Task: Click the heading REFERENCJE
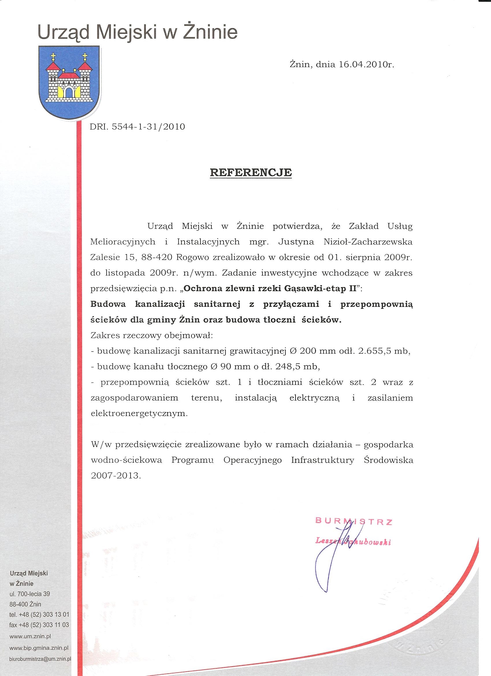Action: pyautogui.click(x=251, y=173)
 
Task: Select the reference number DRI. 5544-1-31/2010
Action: pyautogui.click(x=137, y=127)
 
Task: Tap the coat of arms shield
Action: pyautogui.click(x=69, y=81)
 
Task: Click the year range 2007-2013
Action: pyautogui.click(x=116, y=475)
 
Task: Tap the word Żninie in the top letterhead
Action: pyautogui.click(x=210, y=33)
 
